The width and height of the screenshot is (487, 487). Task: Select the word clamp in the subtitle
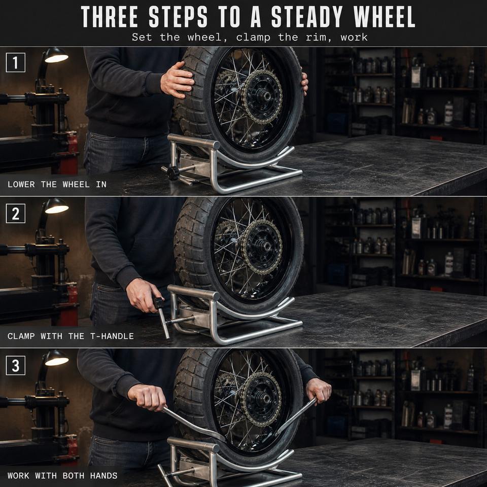pyautogui.click(x=253, y=37)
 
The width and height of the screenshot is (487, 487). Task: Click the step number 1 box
pyautogui.click(x=16, y=62)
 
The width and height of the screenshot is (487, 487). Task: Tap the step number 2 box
pyautogui.click(x=16, y=214)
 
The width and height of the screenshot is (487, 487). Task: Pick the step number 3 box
pyautogui.click(x=16, y=365)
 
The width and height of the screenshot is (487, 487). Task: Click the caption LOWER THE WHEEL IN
pyautogui.click(x=57, y=185)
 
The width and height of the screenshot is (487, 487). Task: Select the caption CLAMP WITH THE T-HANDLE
pyautogui.click(x=71, y=336)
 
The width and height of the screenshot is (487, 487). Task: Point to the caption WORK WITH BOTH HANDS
pyautogui.click(x=62, y=475)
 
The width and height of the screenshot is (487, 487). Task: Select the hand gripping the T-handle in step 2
pyautogui.click(x=144, y=295)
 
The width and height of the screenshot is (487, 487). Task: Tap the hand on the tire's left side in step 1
pyautogui.click(x=177, y=80)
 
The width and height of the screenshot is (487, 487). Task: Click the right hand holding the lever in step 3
pyautogui.click(x=319, y=390)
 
